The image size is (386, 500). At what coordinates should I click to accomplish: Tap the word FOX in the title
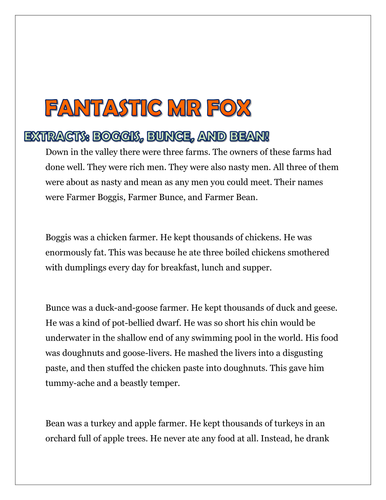click(x=228, y=107)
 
